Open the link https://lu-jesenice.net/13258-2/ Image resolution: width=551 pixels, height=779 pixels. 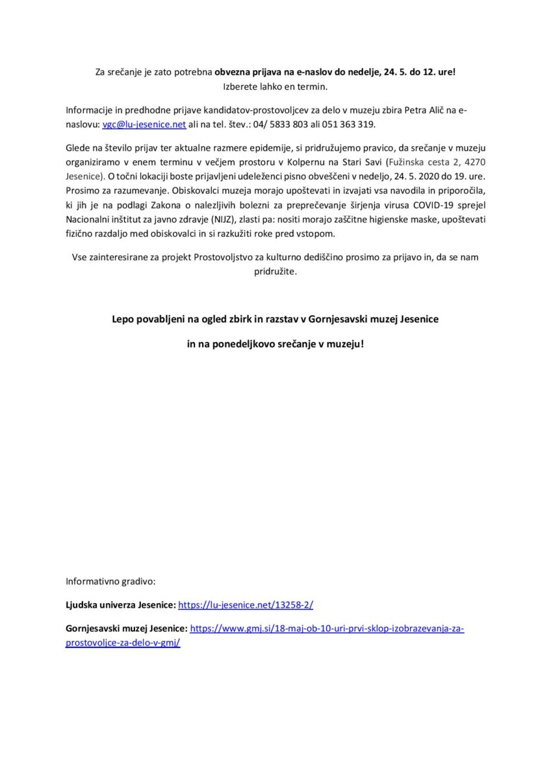[246, 604]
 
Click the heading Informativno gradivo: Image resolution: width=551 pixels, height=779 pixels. [110, 580]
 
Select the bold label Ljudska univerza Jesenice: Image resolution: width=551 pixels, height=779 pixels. [120, 604]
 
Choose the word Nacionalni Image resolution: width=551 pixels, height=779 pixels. [88, 219]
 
